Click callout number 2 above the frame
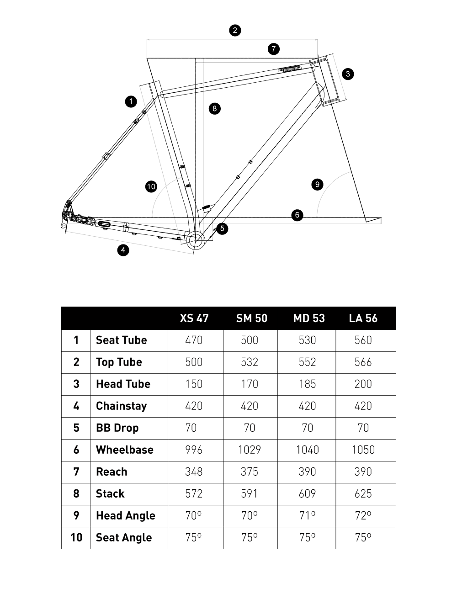235,31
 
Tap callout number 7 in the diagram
273,49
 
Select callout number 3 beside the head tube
348,74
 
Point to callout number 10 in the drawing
151,186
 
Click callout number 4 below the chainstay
123,250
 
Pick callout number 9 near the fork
317,185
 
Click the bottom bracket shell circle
193,239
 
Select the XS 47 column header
194,318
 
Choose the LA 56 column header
363,318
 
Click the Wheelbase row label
124,450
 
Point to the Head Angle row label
125,516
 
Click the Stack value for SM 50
250,494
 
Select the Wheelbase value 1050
363,450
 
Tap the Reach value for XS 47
194,472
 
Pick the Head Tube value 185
307,384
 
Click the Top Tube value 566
363,362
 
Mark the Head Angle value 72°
363,516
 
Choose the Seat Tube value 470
194,340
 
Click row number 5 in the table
76,428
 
